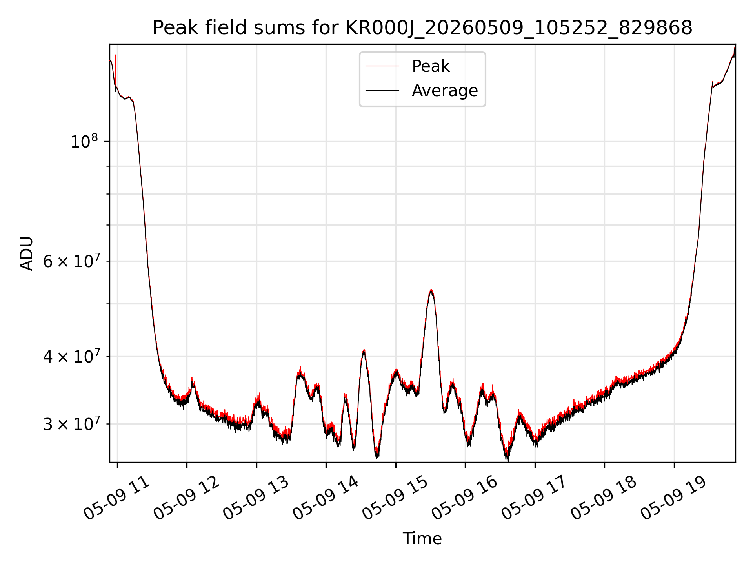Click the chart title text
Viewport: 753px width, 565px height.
click(x=422, y=28)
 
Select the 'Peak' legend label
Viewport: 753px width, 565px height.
click(x=431, y=66)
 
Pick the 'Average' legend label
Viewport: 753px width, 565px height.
click(x=445, y=91)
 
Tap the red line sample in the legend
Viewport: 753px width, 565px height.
click(x=382, y=66)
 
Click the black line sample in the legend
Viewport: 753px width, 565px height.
click(x=382, y=91)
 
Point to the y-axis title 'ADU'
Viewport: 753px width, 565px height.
click(x=27, y=253)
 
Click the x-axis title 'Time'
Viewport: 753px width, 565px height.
click(x=422, y=539)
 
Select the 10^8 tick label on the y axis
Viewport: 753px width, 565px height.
click(x=84, y=141)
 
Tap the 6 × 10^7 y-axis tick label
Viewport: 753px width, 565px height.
click(x=71, y=261)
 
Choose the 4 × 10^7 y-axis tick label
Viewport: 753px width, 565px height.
click(x=71, y=356)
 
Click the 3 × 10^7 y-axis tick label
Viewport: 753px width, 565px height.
click(x=71, y=424)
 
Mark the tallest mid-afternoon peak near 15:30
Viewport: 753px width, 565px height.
click(x=431, y=290)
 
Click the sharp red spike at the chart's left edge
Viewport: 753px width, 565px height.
click(x=115, y=69)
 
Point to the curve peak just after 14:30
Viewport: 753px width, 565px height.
click(x=364, y=350)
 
